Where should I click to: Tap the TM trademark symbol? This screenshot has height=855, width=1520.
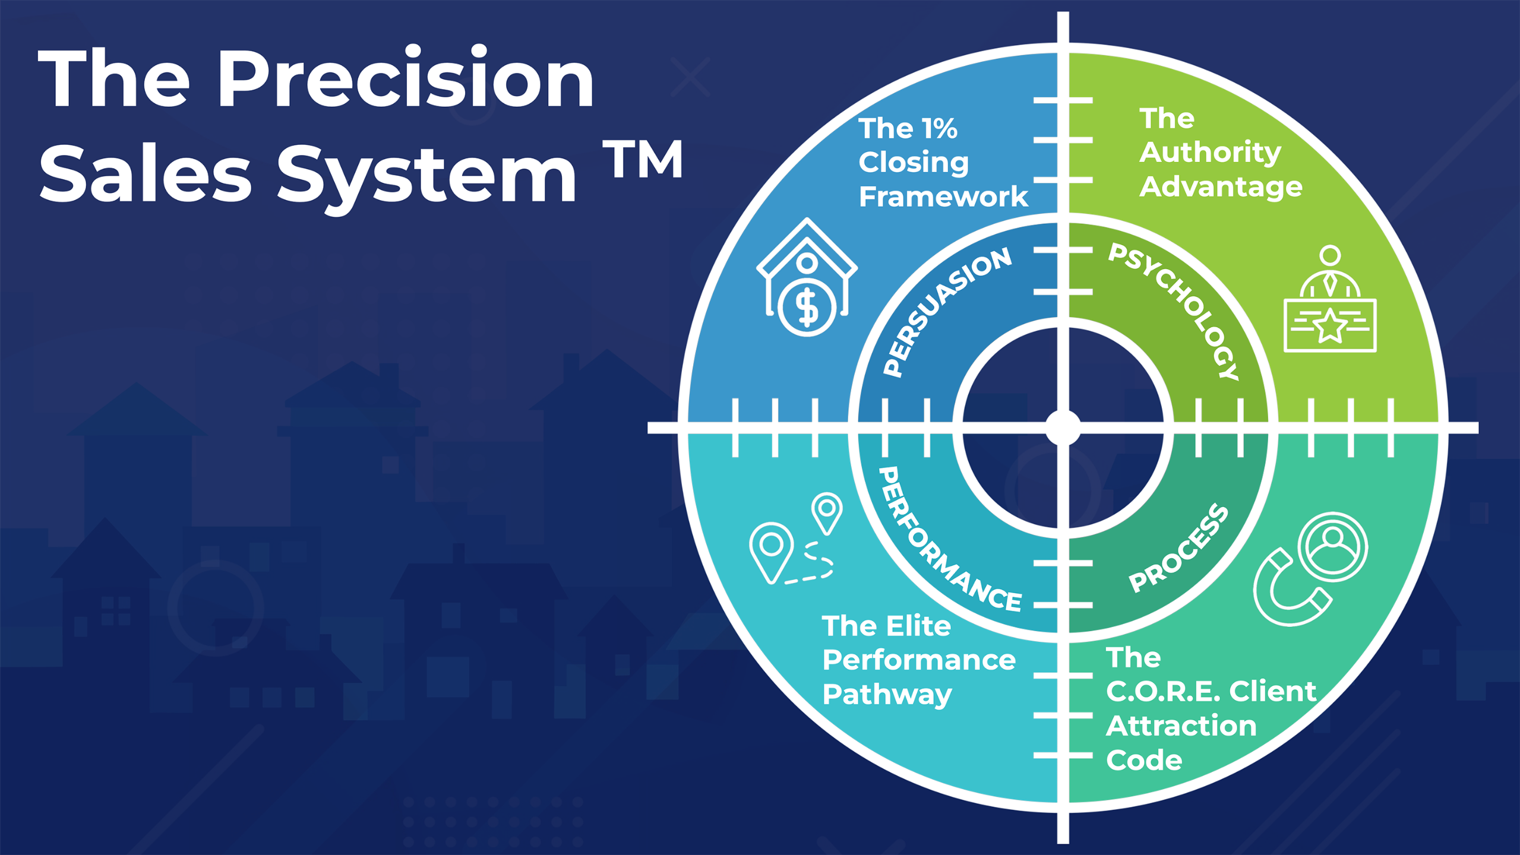click(x=643, y=159)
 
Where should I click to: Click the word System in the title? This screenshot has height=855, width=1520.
click(x=426, y=176)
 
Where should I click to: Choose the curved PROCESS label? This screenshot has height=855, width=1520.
click(x=1179, y=547)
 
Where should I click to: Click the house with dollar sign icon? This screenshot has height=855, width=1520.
click(x=807, y=277)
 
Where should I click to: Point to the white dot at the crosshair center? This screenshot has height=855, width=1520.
click(x=1063, y=427)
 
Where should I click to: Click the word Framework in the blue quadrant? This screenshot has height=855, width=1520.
click(x=943, y=197)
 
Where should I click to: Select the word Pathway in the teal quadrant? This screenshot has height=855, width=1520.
click(x=887, y=695)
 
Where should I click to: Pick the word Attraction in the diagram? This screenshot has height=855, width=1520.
click(x=1181, y=726)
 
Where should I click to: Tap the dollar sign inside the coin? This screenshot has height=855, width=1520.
click(x=807, y=308)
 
